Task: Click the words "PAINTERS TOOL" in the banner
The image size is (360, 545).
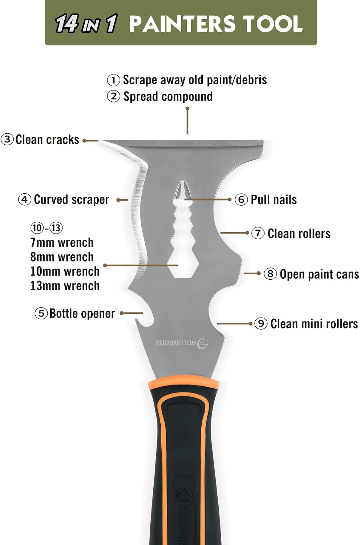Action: click(216, 24)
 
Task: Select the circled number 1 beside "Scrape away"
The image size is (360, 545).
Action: click(113, 80)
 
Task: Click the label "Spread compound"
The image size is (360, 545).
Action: click(168, 97)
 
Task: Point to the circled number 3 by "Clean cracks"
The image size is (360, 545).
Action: click(7, 140)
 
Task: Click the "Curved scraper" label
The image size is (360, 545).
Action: click(72, 200)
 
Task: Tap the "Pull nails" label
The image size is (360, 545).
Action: click(274, 200)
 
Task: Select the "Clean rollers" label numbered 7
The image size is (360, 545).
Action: click(299, 233)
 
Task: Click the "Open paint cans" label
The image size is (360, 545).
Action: click(319, 274)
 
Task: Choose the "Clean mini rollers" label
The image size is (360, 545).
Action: click(314, 324)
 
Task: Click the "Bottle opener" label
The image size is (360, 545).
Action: click(82, 314)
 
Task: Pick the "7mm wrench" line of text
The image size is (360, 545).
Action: click(62, 243)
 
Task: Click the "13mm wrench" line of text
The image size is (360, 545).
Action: click(65, 286)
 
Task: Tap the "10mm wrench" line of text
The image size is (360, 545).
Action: click(65, 271)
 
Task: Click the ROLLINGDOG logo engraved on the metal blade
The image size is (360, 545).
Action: click(182, 343)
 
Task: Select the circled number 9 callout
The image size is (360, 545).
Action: click(261, 324)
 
